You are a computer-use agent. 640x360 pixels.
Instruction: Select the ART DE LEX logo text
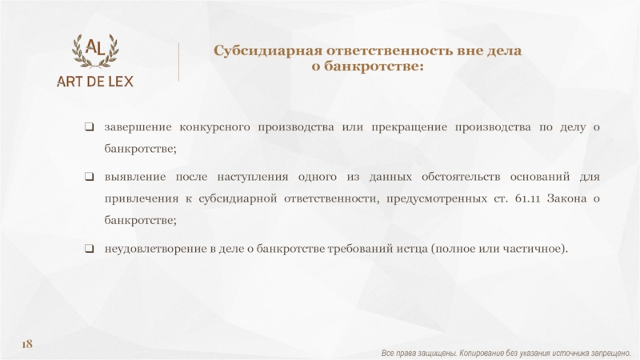(95, 82)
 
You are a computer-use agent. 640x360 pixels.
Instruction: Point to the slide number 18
(27, 344)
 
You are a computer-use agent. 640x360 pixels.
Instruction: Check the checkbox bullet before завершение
(89, 127)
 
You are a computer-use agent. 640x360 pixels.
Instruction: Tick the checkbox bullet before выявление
(89, 177)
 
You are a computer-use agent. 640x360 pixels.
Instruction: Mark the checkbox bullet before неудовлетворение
(89, 249)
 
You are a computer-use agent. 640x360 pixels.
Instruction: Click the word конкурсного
(214, 127)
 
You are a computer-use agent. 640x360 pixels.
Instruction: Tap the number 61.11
(527, 198)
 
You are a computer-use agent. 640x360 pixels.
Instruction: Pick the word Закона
(566, 198)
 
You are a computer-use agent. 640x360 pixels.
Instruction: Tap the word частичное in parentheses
(532, 249)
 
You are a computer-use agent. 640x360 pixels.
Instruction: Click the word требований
(360, 249)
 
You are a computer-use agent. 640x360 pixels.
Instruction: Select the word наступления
(252, 177)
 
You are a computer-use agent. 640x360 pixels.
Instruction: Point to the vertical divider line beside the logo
(178, 62)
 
